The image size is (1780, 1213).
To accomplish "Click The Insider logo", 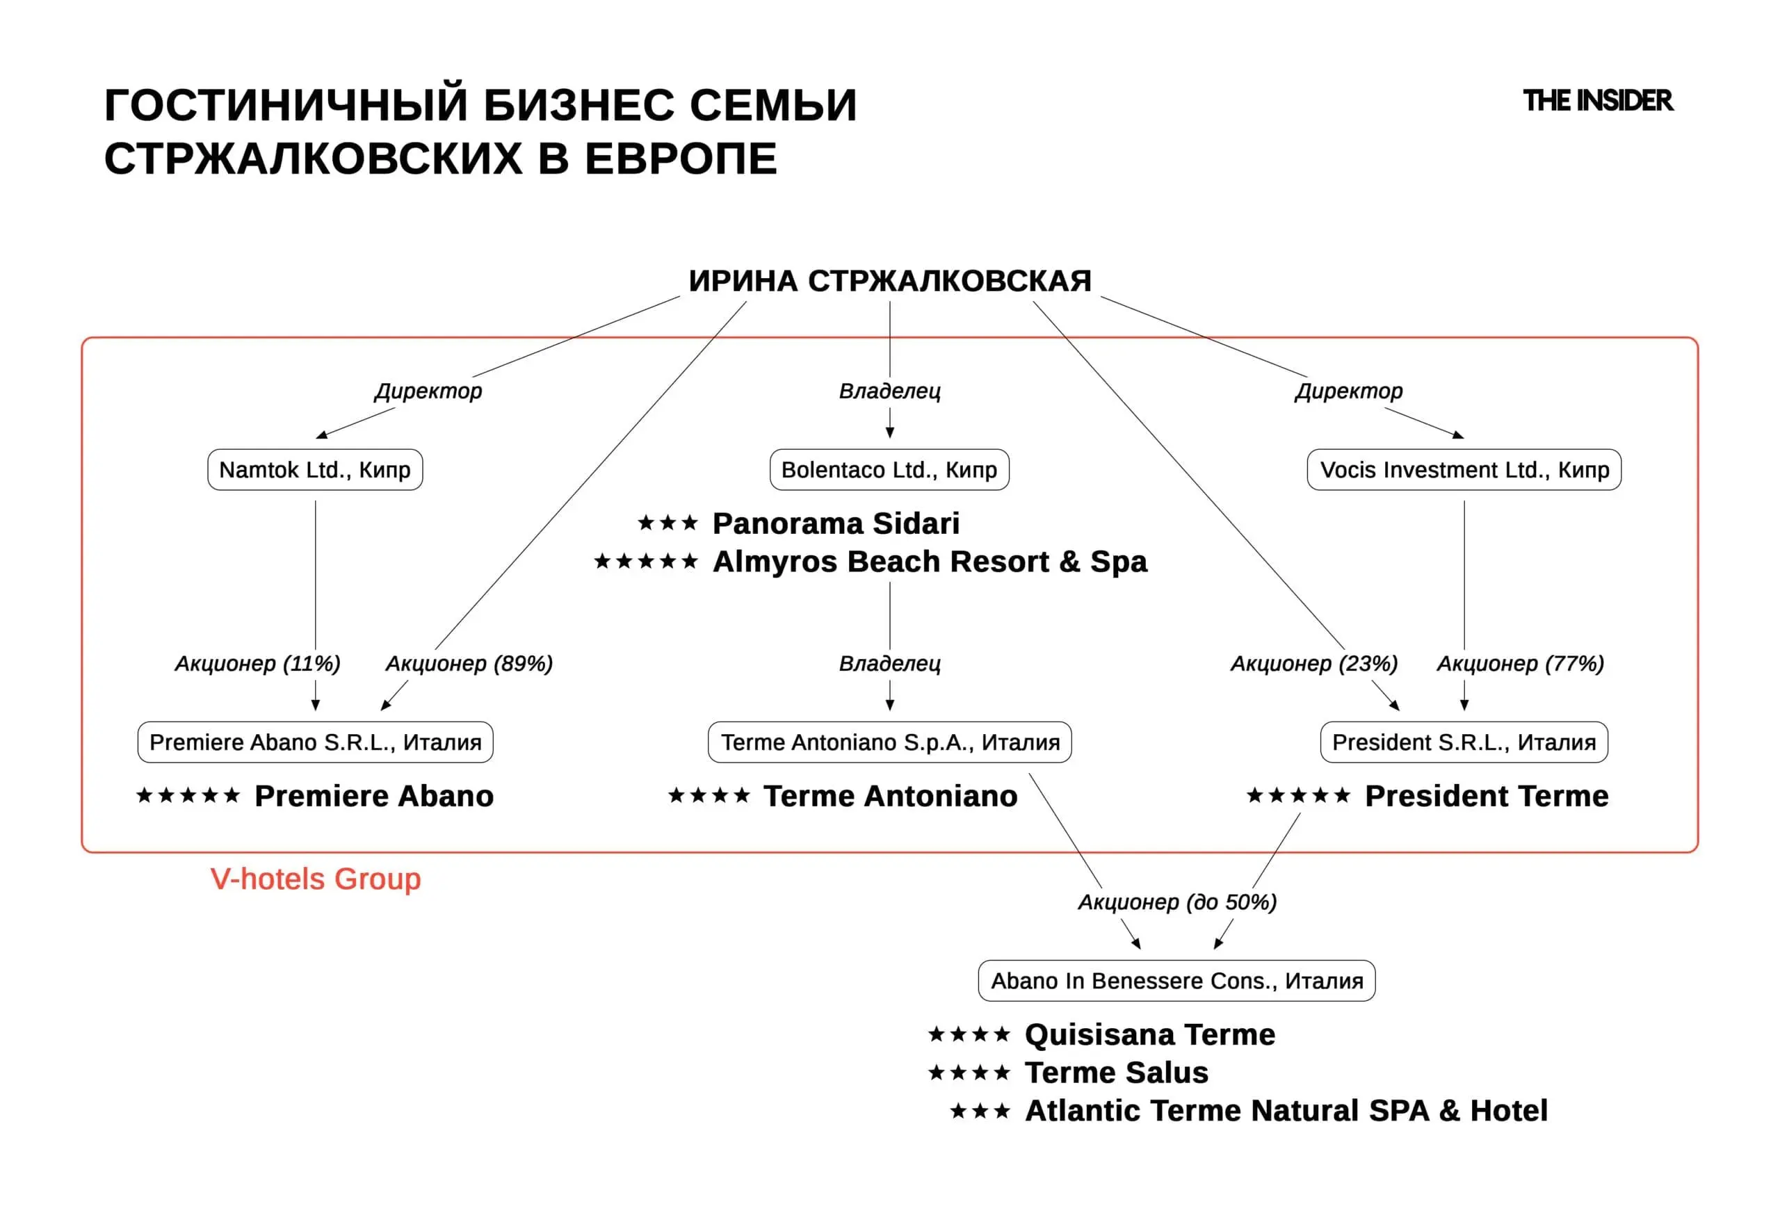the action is tap(1598, 100).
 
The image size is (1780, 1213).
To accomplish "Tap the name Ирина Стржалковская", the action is tap(889, 281).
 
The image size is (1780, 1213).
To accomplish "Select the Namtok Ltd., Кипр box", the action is tap(315, 469).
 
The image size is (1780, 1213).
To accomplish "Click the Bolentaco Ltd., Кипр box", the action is tap(889, 469).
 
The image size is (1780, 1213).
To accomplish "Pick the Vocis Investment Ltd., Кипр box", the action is tap(1464, 469).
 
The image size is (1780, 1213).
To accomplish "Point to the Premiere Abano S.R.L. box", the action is tap(315, 742).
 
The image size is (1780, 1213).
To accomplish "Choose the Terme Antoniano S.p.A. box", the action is tap(889, 742).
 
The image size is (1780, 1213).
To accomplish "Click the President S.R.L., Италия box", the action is tap(1464, 742).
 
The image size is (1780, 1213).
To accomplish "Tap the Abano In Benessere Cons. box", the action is tap(1176, 980).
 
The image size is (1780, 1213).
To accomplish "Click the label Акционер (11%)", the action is tap(257, 663).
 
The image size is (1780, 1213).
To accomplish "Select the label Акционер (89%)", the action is tap(469, 663).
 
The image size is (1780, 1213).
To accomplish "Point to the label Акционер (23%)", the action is tap(1314, 663).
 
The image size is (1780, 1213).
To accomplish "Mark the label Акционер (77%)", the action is tap(1521, 663).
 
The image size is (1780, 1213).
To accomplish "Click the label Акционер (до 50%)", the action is tap(1177, 902).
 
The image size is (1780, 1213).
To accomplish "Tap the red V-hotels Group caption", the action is tap(316, 879).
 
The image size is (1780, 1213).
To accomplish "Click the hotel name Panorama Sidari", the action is tap(836, 524).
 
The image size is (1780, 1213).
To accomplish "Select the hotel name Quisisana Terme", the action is tap(1149, 1034).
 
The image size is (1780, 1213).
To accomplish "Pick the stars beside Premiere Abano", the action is tap(188, 796).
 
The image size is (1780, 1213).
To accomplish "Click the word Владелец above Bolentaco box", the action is tap(889, 391).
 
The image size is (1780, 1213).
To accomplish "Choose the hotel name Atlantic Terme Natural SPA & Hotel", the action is tap(1286, 1110).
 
